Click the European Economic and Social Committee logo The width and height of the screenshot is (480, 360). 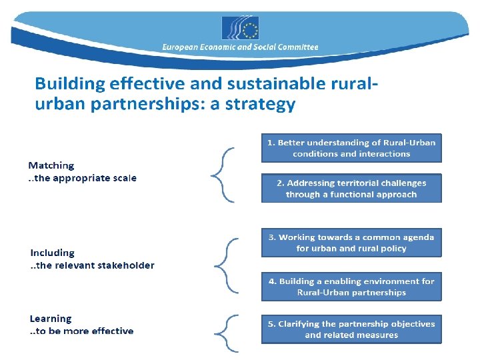point(240,28)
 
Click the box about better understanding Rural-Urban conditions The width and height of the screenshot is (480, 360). point(351,148)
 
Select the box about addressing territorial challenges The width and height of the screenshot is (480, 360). point(351,189)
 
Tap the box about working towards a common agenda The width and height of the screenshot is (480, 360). point(351,243)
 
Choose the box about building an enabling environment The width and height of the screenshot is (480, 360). point(351,287)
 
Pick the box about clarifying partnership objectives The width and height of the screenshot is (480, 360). point(351,329)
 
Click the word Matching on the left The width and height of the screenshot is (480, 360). point(51,165)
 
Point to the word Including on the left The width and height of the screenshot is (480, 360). point(53,253)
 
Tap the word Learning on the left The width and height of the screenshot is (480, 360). point(51,319)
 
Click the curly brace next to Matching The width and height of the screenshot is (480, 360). point(223,175)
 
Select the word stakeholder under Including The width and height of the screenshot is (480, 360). point(125,265)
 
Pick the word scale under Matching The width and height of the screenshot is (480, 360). point(124,178)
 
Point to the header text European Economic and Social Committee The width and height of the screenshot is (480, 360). point(240,47)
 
